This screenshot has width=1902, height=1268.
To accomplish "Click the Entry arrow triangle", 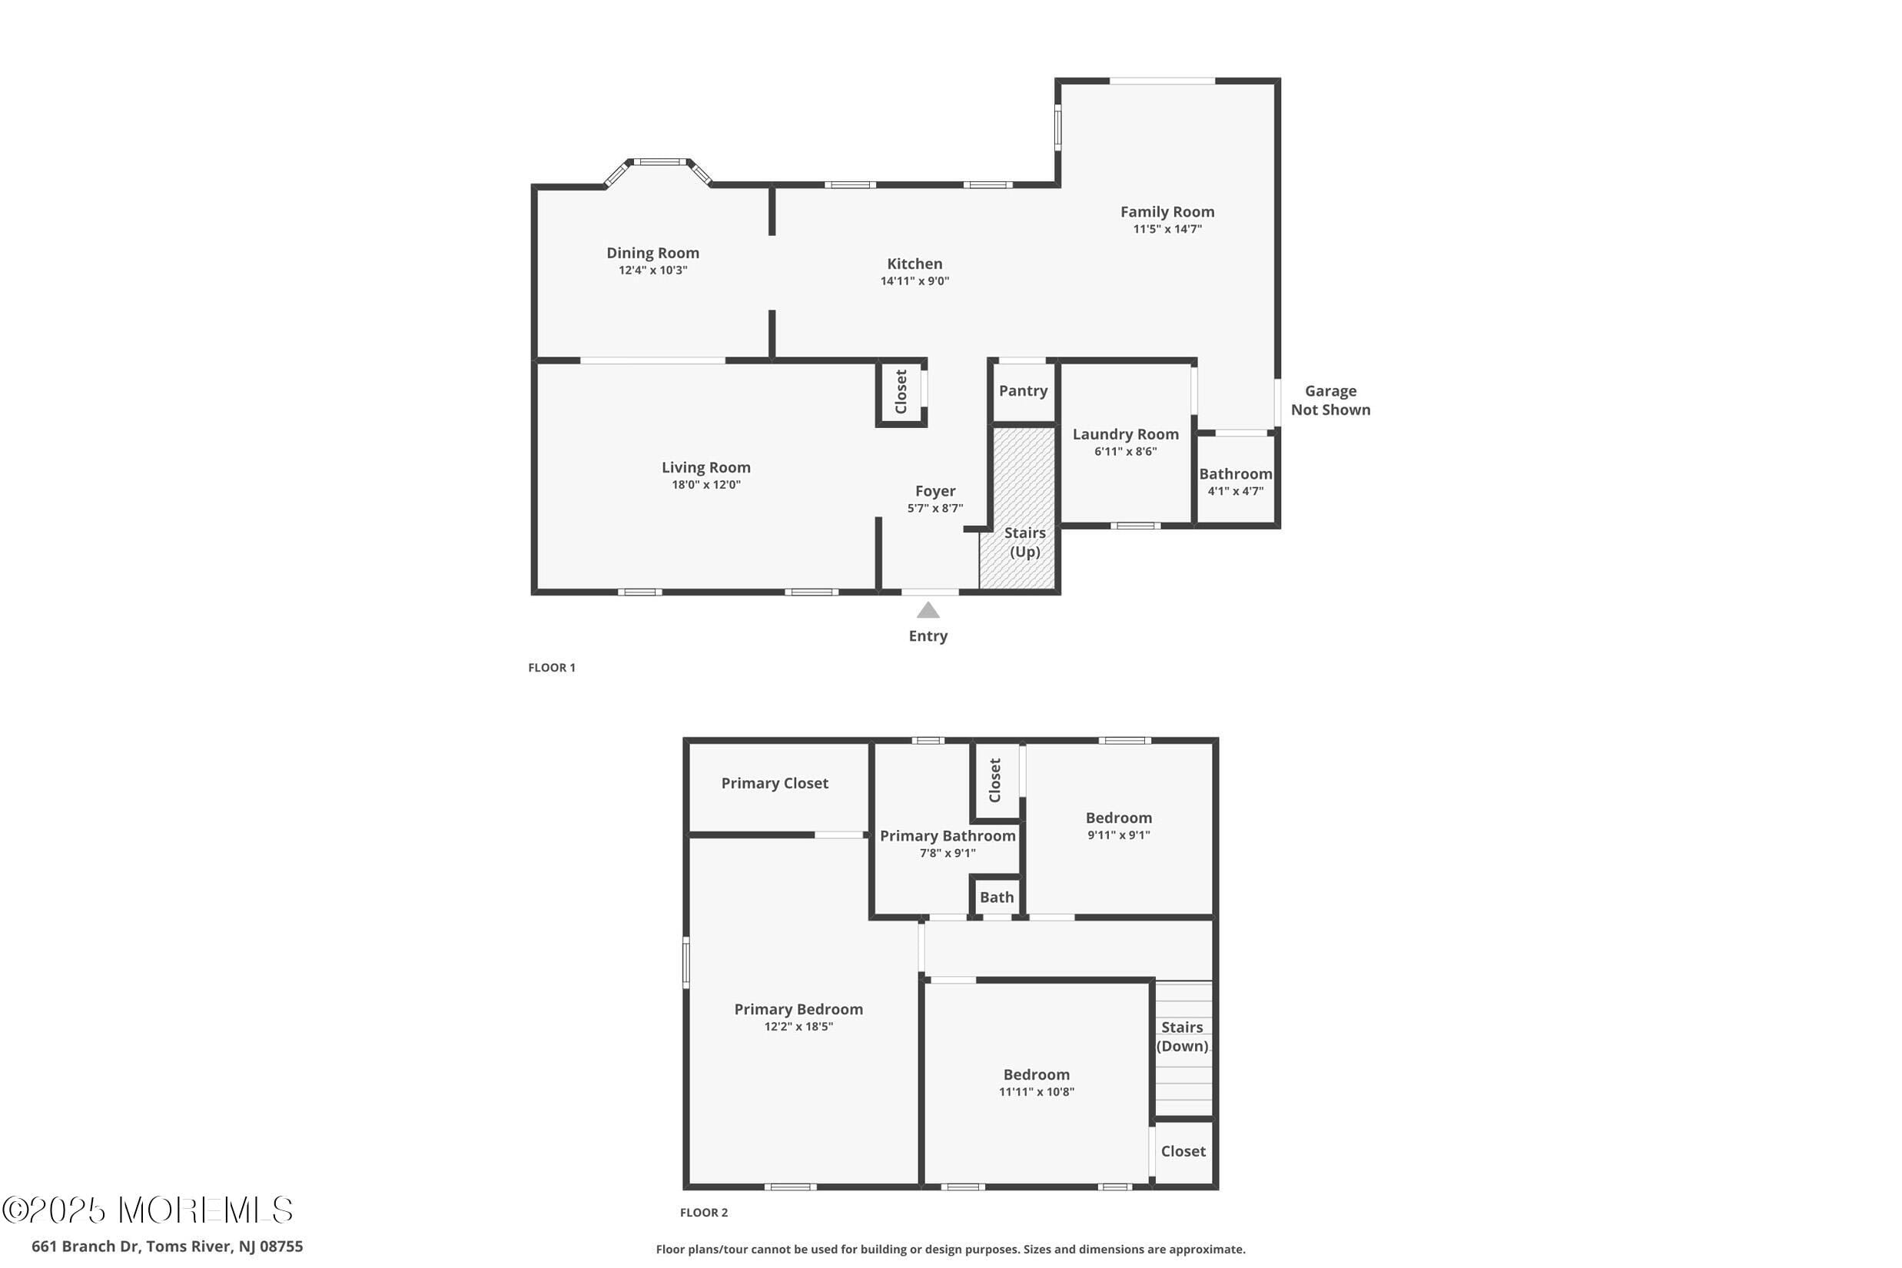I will click(x=928, y=609).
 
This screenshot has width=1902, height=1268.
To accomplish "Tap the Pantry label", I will click(x=1023, y=390).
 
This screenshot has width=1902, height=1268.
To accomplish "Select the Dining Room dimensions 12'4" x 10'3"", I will click(x=652, y=270).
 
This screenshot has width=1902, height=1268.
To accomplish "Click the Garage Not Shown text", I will click(x=1330, y=400).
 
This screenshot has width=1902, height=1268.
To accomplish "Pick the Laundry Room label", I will click(x=1125, y=434).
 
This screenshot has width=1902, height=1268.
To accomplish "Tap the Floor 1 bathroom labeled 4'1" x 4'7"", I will click(x=1235, y=482).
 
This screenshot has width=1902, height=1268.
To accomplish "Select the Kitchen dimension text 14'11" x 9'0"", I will click(x=914, y=281).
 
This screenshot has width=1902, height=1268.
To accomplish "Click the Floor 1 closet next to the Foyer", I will click(x=901, y=391).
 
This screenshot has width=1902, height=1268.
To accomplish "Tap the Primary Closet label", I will click(x=774, y=783).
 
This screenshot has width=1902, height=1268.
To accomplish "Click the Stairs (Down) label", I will click(x=1181, y=1036).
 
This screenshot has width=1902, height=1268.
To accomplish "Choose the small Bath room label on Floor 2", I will click(x=996, y=897).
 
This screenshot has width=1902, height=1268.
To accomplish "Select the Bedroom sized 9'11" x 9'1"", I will click(x=1118, y=825).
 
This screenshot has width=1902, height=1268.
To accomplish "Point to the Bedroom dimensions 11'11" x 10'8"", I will click(x=1036, y=1092).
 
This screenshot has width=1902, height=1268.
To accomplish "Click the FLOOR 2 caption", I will click(x=703, y=1212).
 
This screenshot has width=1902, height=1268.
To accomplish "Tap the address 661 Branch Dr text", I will click(x=168, y=1246).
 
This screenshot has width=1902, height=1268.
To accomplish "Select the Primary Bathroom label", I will click(x=947, y=836).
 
